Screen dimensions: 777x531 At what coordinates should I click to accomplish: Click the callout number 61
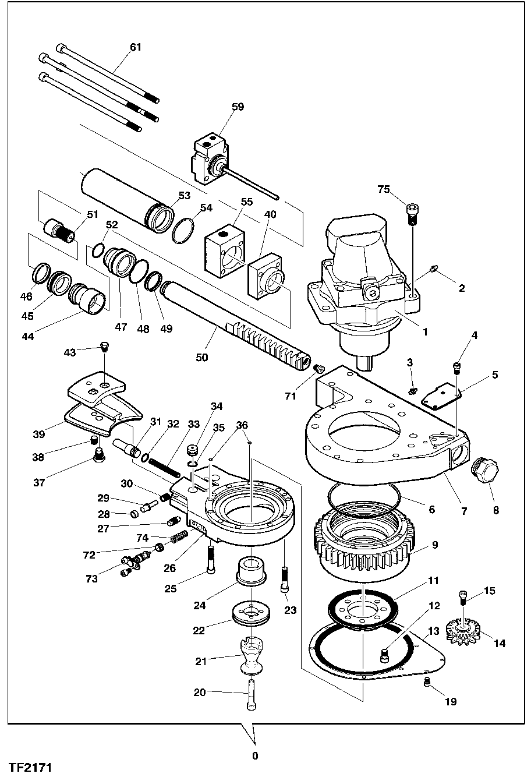click(135, 47)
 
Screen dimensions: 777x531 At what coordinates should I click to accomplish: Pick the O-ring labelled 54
click(185, 230)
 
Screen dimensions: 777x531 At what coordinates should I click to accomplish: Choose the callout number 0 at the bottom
click(254, 757)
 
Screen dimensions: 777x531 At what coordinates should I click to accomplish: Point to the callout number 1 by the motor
click(424, 332)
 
